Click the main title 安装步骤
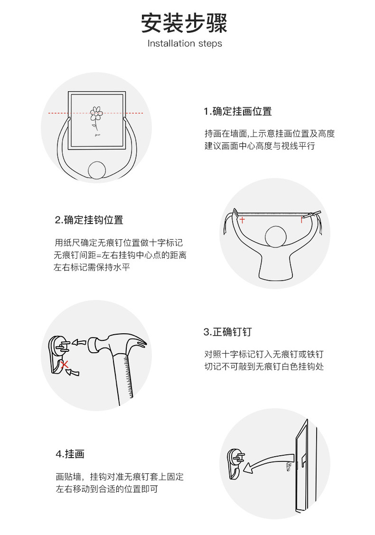point(184,23)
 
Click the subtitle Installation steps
point(185,44)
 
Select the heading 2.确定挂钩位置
point(89,220)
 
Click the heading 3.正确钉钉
point(227,332)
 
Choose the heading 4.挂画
point(70,454)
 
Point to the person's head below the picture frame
point(98,170)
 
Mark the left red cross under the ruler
point(242,220)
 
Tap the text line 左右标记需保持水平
point(92,268)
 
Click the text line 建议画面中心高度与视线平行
point(260,146)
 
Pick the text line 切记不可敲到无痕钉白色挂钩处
point(264,367)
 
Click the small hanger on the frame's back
point(288,468)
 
